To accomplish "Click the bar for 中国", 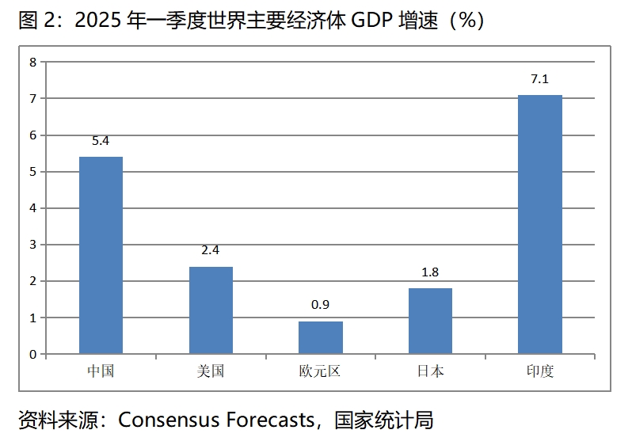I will [x=101, y=255].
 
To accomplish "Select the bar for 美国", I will [x=211, y=310].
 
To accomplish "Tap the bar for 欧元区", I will [x=320, y=337].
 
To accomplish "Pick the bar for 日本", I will [x=430, y=321].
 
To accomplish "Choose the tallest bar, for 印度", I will [x=539, y=224].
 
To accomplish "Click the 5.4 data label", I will [x=101, y=141].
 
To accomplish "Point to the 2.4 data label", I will [x=211, y=250].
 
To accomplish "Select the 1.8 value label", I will [x=430, y=272].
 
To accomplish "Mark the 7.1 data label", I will [x=539, y=78].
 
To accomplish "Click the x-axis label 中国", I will [x=101, y=371].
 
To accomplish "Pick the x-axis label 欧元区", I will [x=320, y=371].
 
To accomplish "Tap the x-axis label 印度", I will [x=539, y=371].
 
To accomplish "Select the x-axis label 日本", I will [x=430, y=371].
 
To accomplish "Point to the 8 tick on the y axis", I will [x=33, y=62].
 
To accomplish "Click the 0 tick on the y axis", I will [x=33, y=354].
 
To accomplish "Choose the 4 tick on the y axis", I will [x=33, y=208].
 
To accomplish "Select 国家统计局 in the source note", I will [x=384, y=420].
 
